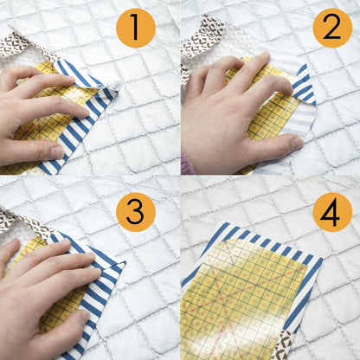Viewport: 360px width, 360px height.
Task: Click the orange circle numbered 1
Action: point(135,28)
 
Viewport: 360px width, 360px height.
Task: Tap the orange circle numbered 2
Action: point(332,28)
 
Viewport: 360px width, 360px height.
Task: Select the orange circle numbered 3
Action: point(135,212)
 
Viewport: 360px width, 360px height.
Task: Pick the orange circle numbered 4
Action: point(332,212)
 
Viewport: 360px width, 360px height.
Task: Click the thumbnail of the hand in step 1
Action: point(55,153)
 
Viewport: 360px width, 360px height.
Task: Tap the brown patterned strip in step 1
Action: point(17,44)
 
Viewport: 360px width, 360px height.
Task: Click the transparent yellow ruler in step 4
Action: point(242,294)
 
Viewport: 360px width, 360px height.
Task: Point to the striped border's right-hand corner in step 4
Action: point(321,260)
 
